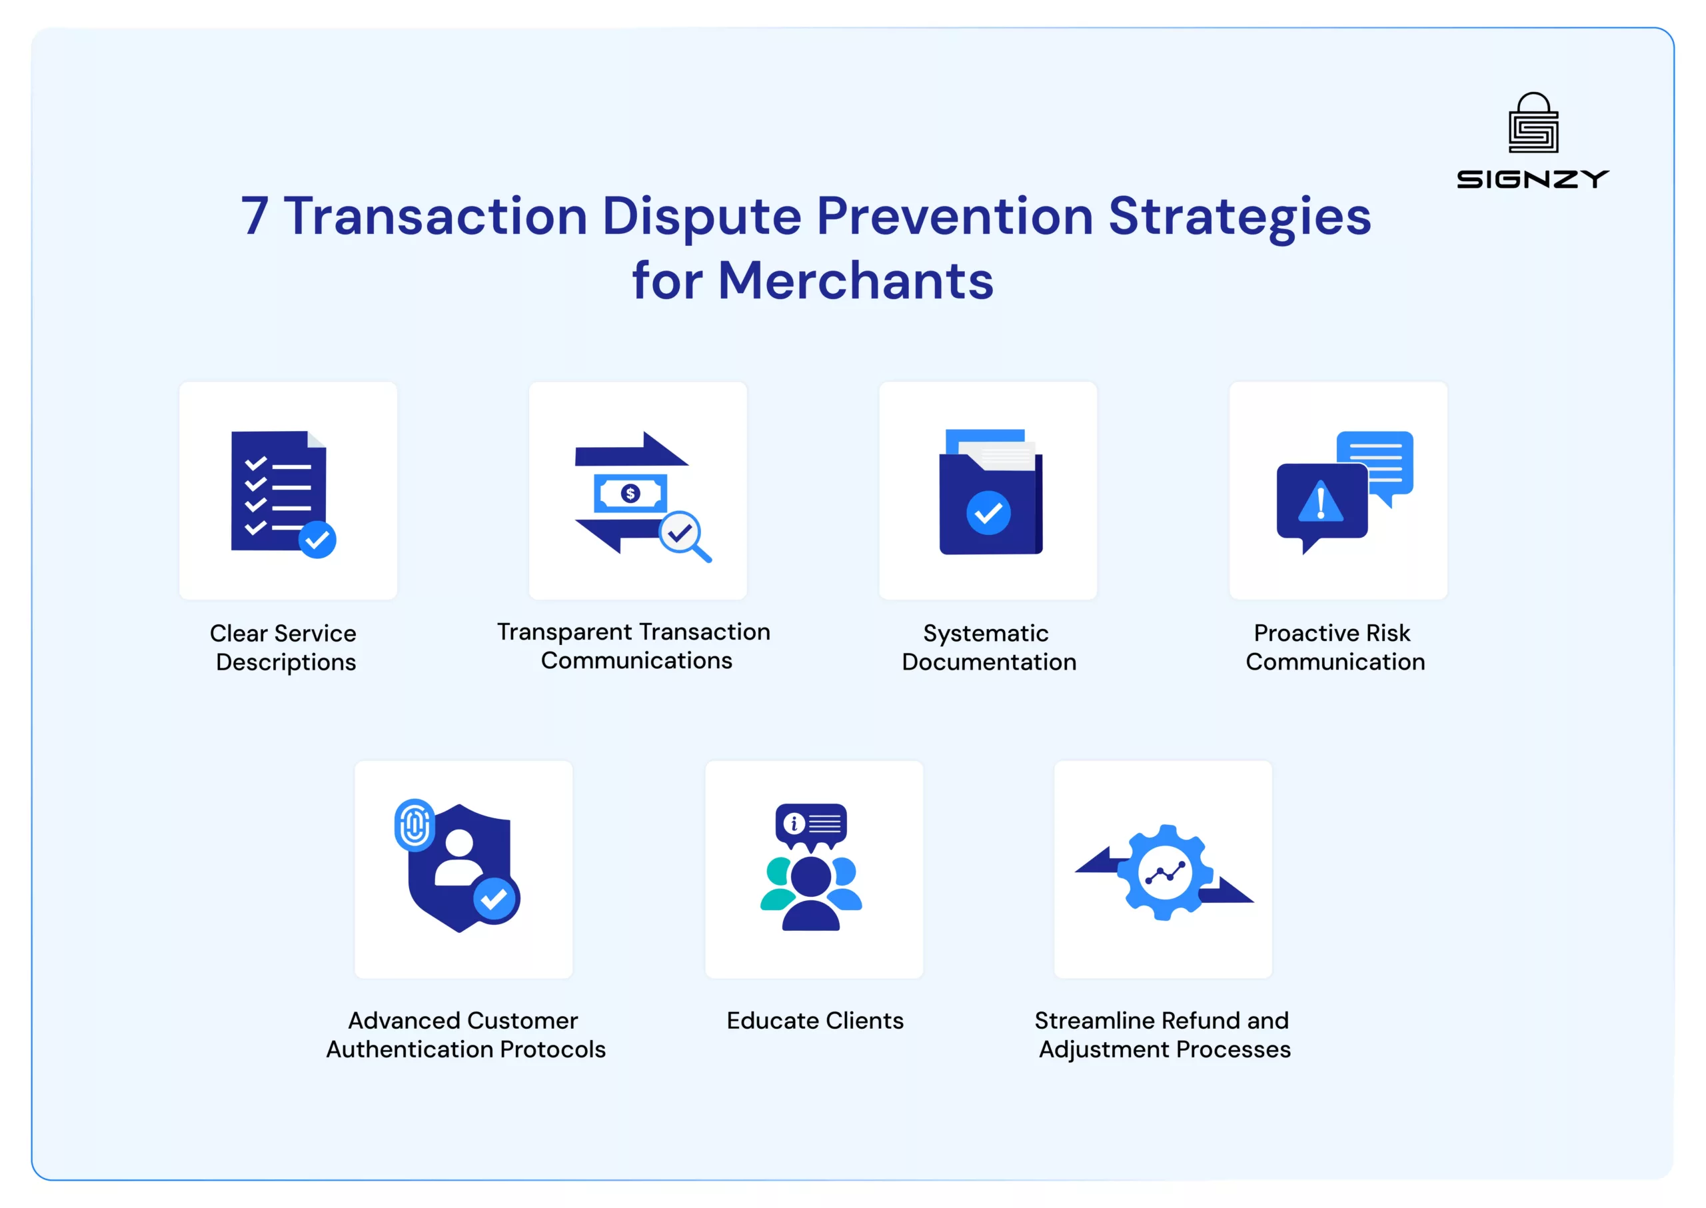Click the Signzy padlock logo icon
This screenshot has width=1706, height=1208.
[x=1533, y=123]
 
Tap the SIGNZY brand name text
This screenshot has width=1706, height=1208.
[x=1533, y=179]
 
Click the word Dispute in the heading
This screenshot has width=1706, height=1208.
[x=702, y=217]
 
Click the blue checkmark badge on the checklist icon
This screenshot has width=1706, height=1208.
[x=318, y=539]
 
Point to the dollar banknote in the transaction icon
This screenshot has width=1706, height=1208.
[x=630, y=493]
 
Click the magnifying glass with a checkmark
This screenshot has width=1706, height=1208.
[x=684, y=536]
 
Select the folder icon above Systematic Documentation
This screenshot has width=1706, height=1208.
[x=990, y=492]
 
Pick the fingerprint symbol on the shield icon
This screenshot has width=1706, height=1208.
[x=415, y=825]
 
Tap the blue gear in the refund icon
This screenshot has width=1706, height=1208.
[x=1165, y=873]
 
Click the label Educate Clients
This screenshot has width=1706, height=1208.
[x=815, y=1021]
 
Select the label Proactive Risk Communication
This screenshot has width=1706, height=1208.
[x=1335, y=647]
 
